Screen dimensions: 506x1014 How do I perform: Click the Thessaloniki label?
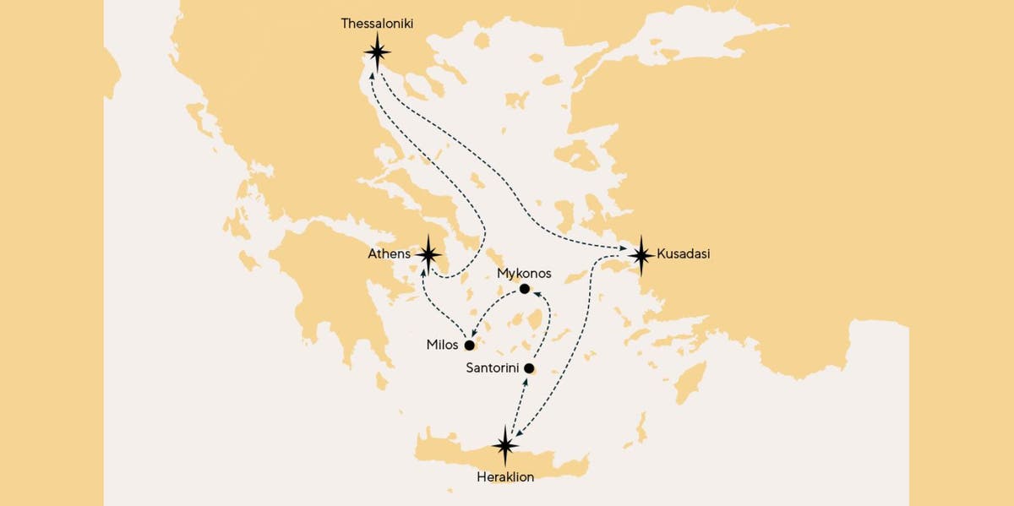(376, 24)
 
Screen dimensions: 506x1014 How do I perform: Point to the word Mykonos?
(525, 273)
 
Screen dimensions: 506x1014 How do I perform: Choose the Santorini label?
(493, 369)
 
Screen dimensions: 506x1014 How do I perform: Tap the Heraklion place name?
(506, 477)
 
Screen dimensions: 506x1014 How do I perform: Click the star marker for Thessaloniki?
(377, 52)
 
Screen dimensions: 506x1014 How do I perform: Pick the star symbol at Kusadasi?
(641, 253)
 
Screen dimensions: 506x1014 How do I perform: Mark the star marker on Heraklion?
(506, 446)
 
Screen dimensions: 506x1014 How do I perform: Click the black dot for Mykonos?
(525, 289)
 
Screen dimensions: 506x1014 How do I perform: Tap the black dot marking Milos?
(469, 345)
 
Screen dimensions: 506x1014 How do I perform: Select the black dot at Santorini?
(529, 369)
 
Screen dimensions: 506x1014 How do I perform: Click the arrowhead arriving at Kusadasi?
(624, 249)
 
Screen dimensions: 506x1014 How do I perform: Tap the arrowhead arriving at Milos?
(476, 334)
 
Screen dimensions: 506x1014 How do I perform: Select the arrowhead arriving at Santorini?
(526, 381)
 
